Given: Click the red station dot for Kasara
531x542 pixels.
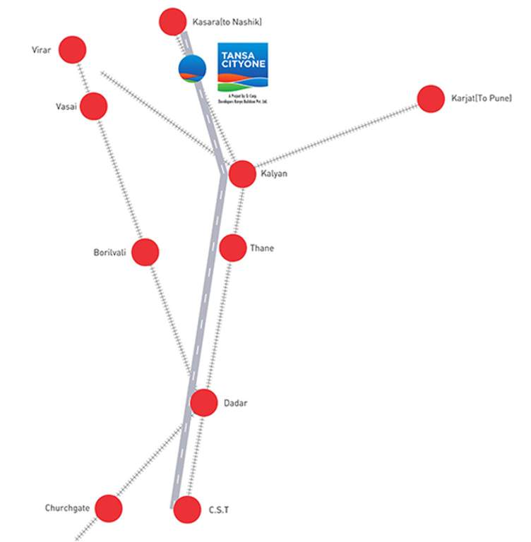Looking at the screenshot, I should (173, 22).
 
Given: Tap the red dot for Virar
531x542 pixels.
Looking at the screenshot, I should (72, 50).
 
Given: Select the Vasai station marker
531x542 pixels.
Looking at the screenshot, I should (93, 107).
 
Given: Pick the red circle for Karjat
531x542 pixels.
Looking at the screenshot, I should (431, 99).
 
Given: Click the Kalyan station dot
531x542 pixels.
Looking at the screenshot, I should (242, 174).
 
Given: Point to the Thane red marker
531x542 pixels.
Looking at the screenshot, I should (233, 248).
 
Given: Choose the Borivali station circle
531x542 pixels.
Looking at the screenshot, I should (145, 252).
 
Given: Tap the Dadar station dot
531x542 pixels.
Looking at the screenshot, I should (204, 403).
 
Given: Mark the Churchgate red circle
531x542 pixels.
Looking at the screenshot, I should (109, 508).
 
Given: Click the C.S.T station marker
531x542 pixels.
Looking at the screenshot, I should (187, 510).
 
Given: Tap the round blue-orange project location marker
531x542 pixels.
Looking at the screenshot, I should (192, 69).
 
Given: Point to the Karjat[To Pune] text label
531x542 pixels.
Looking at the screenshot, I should (482, 98).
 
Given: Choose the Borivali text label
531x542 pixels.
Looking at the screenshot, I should (109, 252).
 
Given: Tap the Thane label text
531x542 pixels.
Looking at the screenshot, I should (261, 248).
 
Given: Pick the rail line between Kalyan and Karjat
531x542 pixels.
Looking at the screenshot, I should (335, 136).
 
